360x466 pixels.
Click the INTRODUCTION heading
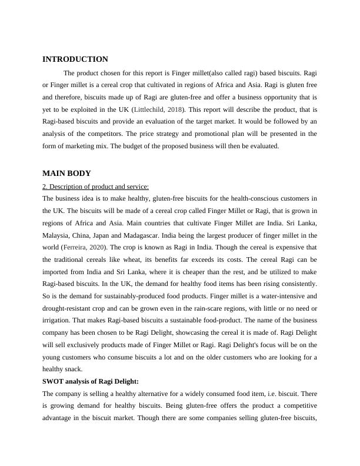coord(75,59)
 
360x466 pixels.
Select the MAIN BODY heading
coord(66,174)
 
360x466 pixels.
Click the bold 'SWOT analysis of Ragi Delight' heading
coord(91,381)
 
